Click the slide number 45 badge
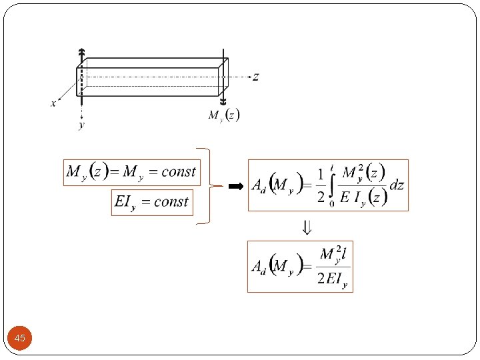tap(20, 339)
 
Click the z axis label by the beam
tap(255, 77)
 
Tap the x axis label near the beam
tap(53, 103)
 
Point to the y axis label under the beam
tap(81, 125)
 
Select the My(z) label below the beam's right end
tap(223, 115)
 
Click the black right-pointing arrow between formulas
tap(235, 187)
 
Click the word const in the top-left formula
tap(179, 172)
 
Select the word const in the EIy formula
tap(171, 201)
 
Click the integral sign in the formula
tap(332, 187)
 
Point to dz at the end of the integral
tap(397, 185)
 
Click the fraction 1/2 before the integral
tap(321, 185)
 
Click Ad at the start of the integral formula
tap(259, 187)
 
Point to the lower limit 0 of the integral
tap(332, 204)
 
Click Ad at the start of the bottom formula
tap(259, 267)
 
